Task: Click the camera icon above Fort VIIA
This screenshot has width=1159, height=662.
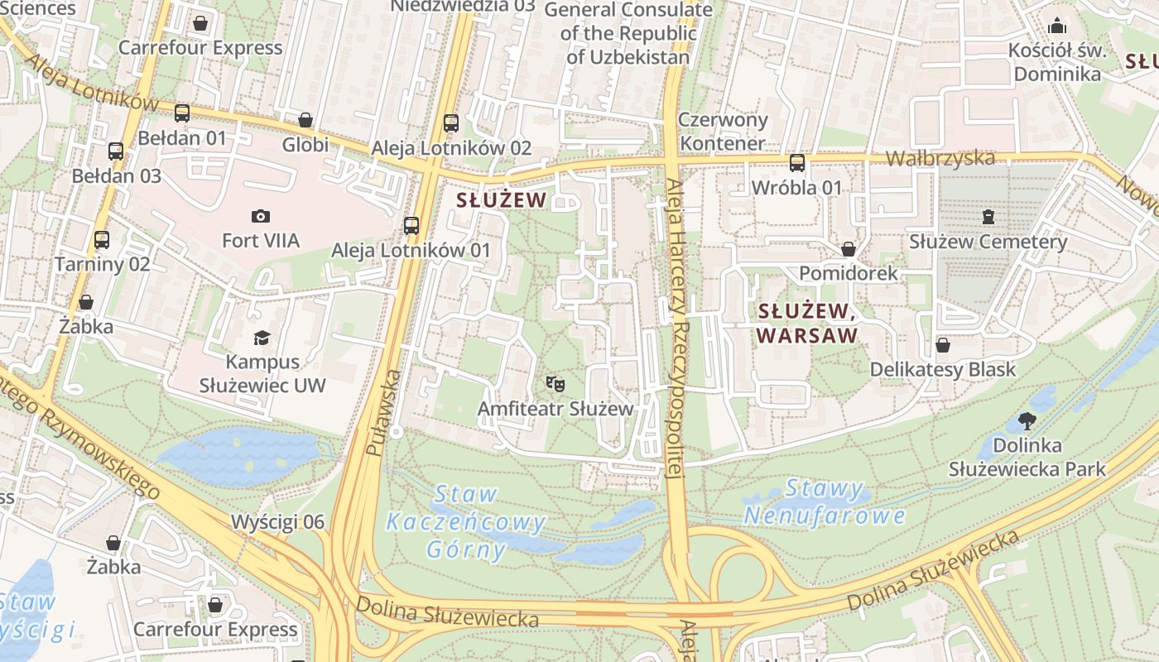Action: (x=261, y=217)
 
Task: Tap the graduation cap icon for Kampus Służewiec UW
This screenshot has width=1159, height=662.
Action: (x=262, y=338)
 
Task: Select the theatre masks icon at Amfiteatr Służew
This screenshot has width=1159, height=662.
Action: (x=555, y=384)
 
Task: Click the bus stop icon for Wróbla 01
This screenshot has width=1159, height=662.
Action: (x=796, y=163)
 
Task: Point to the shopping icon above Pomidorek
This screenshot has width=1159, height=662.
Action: (x=848, y=249)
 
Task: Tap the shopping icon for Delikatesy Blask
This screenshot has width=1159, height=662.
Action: (x=942, y=345)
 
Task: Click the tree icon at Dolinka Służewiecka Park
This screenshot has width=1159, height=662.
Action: (x=1027, y=421)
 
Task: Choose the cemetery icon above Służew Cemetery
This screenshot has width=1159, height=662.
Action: (x=988, y=218)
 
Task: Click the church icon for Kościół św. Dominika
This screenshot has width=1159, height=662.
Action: (x=1057, y=26)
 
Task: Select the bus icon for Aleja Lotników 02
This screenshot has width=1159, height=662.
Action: (x=451, y=123)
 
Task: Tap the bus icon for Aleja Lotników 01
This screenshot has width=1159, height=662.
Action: (x=411, y=225)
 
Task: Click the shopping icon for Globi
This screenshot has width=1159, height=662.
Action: (x=305, y=121)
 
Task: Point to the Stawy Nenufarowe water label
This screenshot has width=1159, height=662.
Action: (x=824, y=502)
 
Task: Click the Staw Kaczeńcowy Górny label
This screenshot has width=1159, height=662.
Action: (x=466, y=522)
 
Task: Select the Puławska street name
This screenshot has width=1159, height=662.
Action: (x=384, y=414)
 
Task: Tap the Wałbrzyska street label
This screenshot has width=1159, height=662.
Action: (x=940, y=158)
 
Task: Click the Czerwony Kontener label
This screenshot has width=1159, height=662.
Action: (x=723, y=132)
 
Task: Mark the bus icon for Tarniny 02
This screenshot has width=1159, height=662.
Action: (x=102, y=240)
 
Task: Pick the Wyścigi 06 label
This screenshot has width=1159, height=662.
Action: (x=277, y=522)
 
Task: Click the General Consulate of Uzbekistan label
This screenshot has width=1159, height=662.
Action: (x=628, y=34)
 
